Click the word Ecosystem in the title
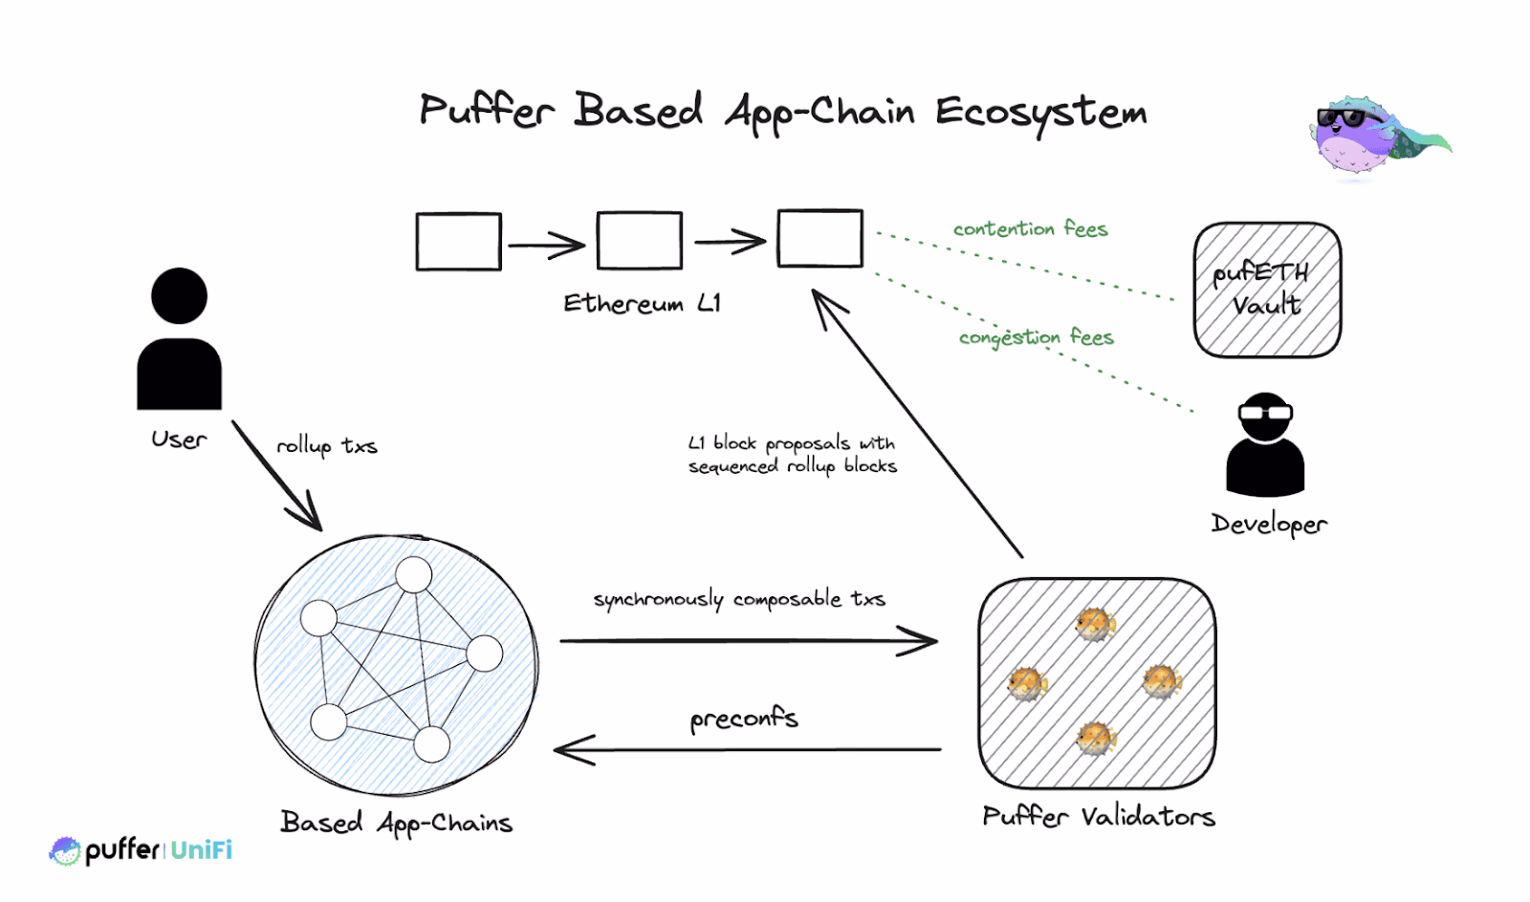[1040, 113]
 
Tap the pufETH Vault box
[1267, 290]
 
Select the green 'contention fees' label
[1030, 229]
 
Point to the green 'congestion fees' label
[1036, 337]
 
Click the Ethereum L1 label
[642, 304]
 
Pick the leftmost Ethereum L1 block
[459, 242]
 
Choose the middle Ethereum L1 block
[639, 241]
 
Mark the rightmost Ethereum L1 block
[820, 238]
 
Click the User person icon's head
[179, 295]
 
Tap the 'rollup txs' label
[327, 446]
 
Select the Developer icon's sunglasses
[1265, 413]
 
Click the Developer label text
[1269, 524]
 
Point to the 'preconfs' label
[743, 719]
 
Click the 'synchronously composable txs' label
[739, 599]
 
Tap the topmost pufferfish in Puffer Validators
[1095, 624]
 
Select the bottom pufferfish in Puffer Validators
[1096, 738]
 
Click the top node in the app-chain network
[413, 574]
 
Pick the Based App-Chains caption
[396, 823]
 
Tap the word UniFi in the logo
[201, 850]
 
